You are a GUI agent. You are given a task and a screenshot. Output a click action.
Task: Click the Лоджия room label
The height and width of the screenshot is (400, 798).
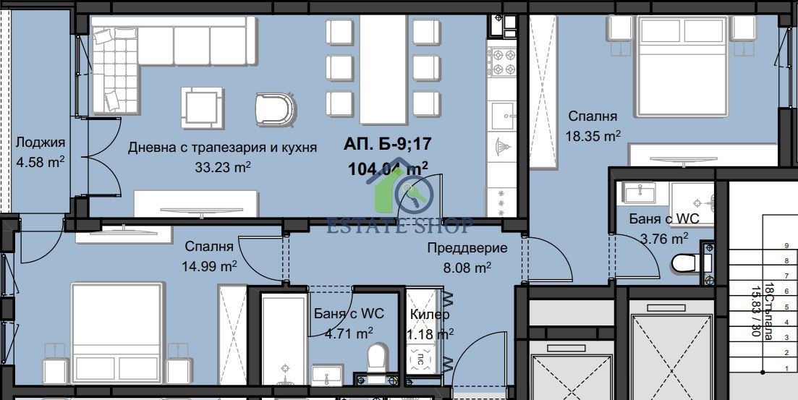click(41, 142)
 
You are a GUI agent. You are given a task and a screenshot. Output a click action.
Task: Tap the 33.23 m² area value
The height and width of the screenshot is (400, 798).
click(223, 167)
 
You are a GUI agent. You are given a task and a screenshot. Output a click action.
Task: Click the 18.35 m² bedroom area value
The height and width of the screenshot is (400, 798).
click(593, 135)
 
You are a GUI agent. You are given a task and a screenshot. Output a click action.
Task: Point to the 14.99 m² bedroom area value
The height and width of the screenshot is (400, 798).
click(209, 265)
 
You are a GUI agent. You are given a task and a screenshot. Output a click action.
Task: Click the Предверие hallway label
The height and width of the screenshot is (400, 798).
click(467, 247)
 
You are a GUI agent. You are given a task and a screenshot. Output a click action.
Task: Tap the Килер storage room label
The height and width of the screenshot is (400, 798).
click(429, 315)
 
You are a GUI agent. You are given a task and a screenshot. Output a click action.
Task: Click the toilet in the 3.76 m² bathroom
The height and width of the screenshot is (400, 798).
click(684, 263)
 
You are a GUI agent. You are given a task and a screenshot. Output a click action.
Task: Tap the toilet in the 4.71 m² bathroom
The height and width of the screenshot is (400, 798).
click(376, 358)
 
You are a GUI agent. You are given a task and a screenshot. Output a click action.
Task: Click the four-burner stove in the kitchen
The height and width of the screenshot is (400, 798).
click(501, 62)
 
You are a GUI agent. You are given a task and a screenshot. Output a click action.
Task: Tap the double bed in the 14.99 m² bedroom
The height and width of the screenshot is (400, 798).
click(116, 333)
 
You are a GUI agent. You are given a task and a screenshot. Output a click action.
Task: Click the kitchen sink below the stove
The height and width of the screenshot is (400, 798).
click(501, 114)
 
